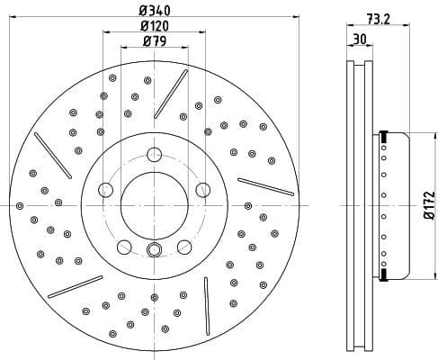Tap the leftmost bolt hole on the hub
click(104, 189)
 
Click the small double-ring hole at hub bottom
click(154, 251)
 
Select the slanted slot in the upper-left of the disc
click(53, 155)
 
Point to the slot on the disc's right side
click(265, 186)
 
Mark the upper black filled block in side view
click(383, 137)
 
